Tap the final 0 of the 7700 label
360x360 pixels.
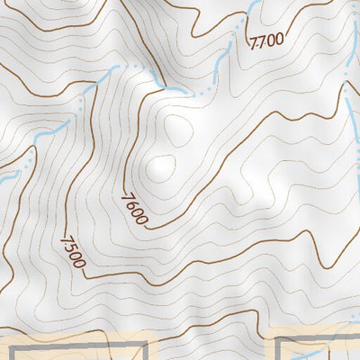[x=279, y=40]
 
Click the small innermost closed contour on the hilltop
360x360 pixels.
[x=162, y=166]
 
